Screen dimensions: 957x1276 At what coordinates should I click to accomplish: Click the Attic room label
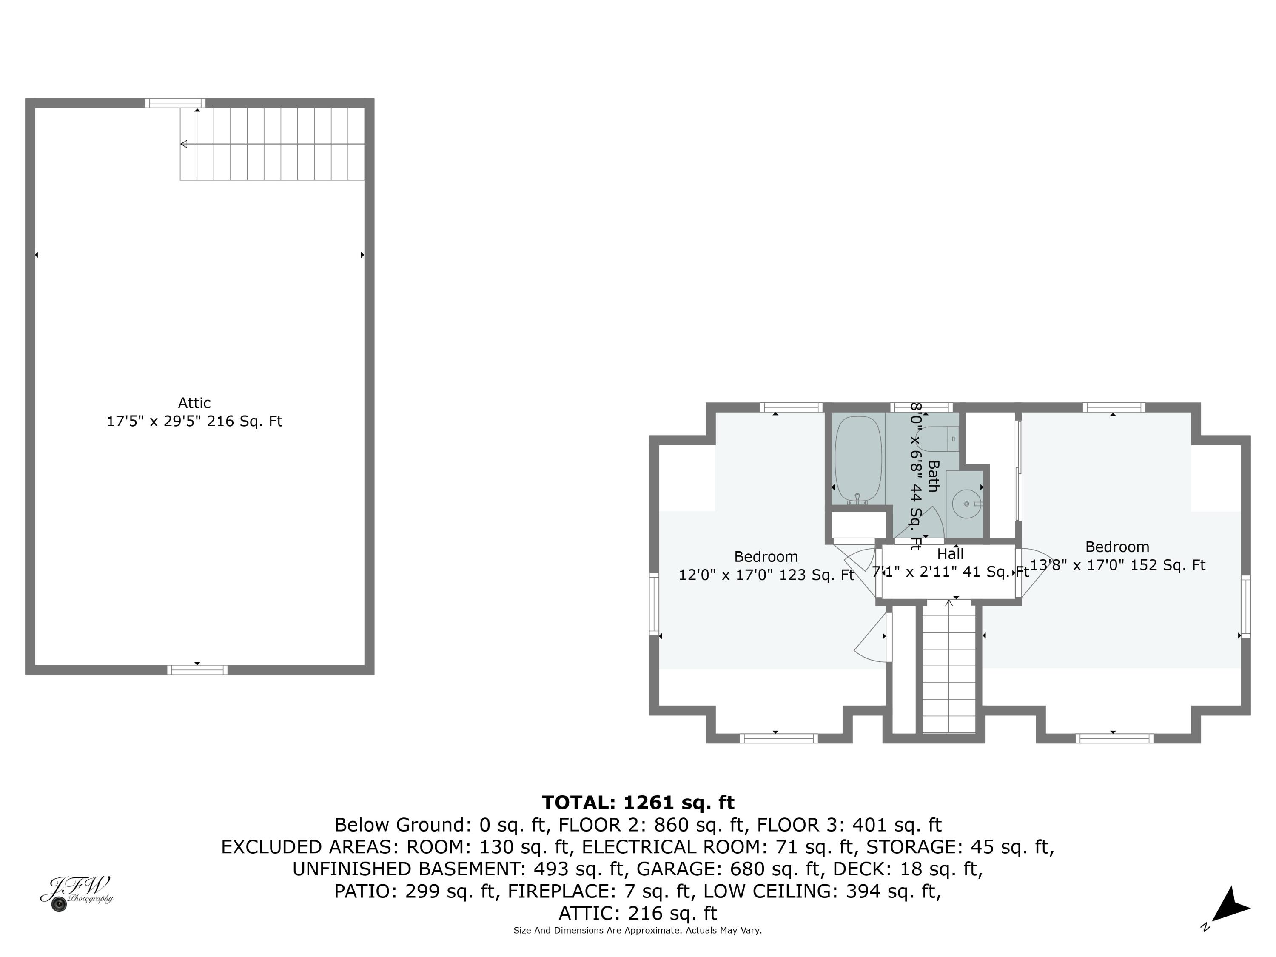coord(194,403)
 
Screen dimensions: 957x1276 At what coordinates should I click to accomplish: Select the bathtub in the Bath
coord(858,459)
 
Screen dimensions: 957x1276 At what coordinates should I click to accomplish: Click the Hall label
coord(950,554)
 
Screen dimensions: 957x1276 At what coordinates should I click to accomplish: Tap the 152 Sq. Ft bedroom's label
coord(1117,547)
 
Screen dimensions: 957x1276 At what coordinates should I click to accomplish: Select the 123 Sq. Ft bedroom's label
coord(766,557)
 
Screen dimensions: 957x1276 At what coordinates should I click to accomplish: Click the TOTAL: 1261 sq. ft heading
coord(638,803)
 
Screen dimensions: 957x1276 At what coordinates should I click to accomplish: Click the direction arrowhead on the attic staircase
coord(184,144)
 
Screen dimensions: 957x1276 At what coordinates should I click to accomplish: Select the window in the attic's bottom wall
coord(197,670)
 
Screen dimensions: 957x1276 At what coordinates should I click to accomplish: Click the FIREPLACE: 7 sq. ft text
coord(599,891)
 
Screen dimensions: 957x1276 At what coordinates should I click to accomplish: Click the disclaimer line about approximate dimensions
coord(638,931)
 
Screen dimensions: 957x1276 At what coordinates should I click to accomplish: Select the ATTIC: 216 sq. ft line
coord(638,913)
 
